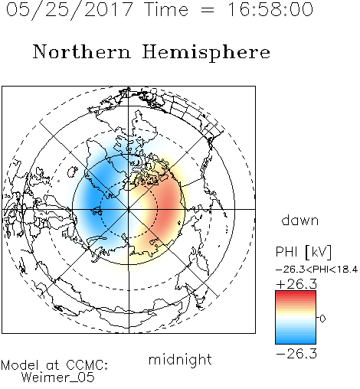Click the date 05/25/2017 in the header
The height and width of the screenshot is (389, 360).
tap(69, 10)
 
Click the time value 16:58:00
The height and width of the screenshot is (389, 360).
tap(270, 9)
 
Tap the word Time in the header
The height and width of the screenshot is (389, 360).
tap(166, 9)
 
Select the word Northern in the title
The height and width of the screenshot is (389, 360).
tap(81, 51)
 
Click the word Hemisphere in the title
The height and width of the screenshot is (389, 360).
tap(206, 53)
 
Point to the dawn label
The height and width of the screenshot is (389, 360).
tap(300, 220)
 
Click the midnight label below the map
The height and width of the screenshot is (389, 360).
tap(180, 359)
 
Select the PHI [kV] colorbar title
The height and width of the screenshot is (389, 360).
tap(303, 252)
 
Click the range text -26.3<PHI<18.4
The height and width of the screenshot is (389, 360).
tap(316, 270)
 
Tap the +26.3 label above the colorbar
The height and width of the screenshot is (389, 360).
tap(296, 284)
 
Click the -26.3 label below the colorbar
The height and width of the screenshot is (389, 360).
tap(296, 354)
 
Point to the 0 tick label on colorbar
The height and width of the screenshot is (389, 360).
tap(322, 319)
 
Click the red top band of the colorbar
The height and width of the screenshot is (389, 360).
tap(296, 294)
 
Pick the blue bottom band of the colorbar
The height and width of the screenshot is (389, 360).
tap(296, 341)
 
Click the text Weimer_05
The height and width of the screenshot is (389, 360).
tap(57, 378)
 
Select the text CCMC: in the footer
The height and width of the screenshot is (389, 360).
tap(87, 365)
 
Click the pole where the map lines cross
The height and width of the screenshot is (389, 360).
tap(129, 209)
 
